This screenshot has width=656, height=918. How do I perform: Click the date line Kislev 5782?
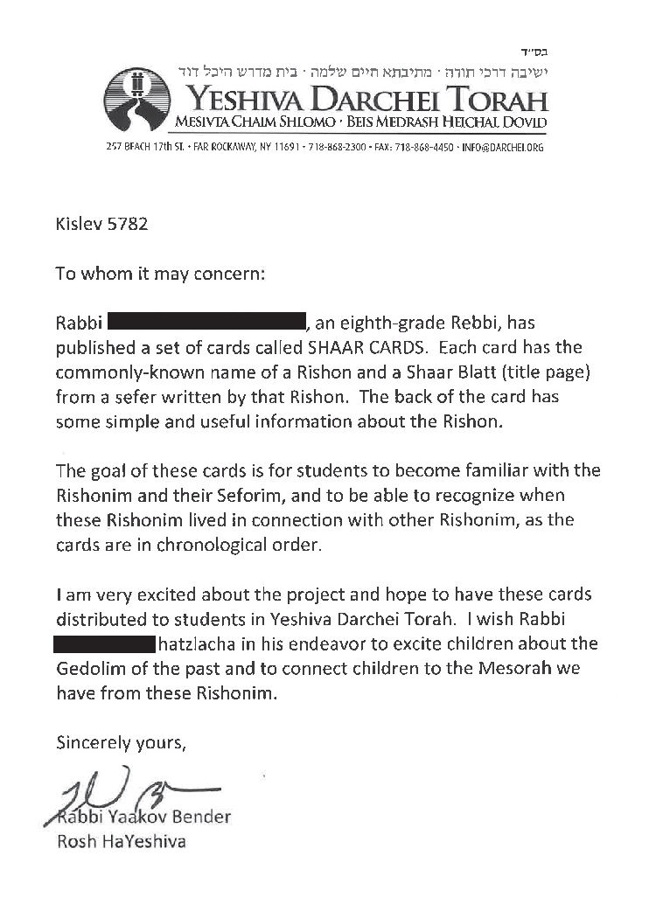point(101,224)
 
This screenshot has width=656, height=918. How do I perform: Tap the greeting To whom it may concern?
point(160,274)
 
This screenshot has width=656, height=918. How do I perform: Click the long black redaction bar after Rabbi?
point(206,323)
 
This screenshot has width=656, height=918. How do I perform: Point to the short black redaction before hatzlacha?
point(104,645)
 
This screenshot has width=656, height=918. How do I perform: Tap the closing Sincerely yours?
point(121,744)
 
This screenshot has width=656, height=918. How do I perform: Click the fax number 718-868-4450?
point(424,148)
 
